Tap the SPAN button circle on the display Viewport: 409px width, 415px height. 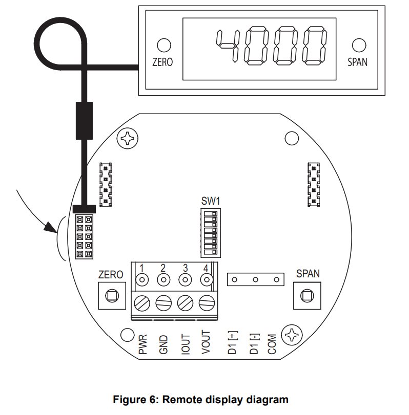[x=357, y=45]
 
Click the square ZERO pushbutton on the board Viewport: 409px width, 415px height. [x=111, y=295]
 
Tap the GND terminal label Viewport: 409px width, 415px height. [x=163, y=344]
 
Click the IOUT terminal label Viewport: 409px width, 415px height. [x=185, y=343]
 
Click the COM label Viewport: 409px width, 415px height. [x=272, y=344]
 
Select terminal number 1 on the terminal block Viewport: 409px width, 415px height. [x=141, y=268]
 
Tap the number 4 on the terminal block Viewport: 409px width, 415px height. [x=206, y=268]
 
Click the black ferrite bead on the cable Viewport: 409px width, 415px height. [x=85, y=120]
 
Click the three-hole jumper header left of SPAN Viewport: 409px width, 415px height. [x=255, y=279]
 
